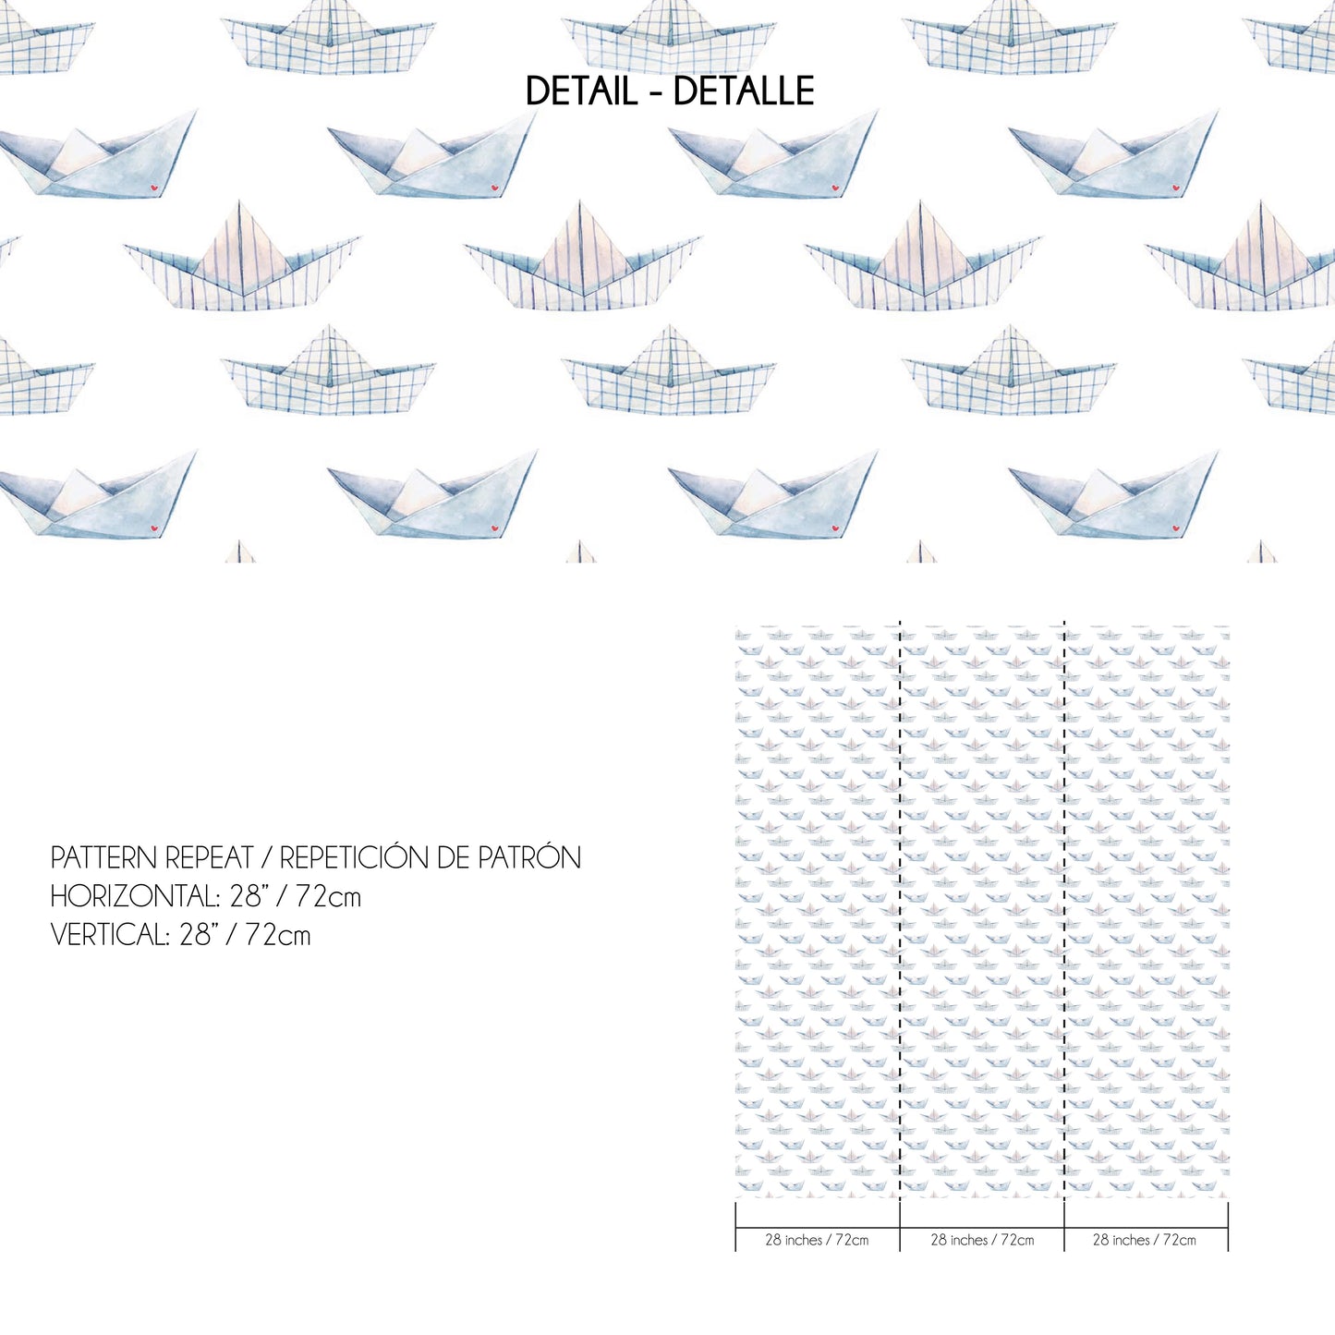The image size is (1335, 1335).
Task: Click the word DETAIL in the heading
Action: (581, 91)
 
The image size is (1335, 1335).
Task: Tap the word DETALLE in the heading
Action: (744, 91)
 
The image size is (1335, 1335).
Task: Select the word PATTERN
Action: (102, 858)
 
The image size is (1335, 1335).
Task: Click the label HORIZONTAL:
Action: (135, 897)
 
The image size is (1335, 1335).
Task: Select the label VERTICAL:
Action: (110, 935)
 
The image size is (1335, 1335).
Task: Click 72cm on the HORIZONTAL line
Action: (328, 897)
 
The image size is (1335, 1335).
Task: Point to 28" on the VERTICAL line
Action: (195, 935)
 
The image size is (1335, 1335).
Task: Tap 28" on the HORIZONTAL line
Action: (246, 897)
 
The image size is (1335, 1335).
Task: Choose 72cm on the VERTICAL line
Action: (278, 935)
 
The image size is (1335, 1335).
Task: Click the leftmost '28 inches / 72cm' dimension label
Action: (817, 1240)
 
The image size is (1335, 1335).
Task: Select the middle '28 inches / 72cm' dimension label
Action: (982, 1240)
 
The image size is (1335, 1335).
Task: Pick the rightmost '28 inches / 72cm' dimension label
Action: (1145, 1240)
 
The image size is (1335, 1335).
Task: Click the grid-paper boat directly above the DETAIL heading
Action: (669, 38)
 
